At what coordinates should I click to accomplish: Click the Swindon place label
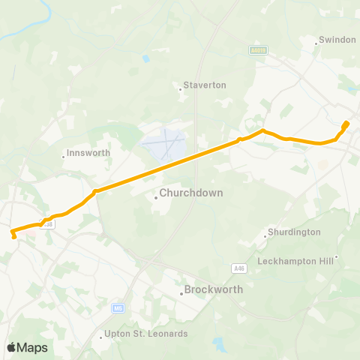[x=337, y=39]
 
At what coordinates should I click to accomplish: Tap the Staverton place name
[x=205, y=85]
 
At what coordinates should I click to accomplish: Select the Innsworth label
[x=88, y=152]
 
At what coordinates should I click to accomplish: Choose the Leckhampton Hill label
[x=298, y=261]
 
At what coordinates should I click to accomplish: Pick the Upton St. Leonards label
[x=145, y=333]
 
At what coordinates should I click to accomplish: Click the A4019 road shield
[x=259, y=50]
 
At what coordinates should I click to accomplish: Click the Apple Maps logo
[x=27, y=347]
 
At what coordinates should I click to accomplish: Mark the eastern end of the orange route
[x=346, y=123]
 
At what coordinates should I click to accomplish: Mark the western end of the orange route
[x=14, y=237]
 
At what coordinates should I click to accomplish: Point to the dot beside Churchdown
[x=156, y=198]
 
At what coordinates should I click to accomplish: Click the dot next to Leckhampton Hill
[x=337, y=256]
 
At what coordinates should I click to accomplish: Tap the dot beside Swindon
[x=316, y=43]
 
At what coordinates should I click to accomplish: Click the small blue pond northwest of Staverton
[x=145, y=58]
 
